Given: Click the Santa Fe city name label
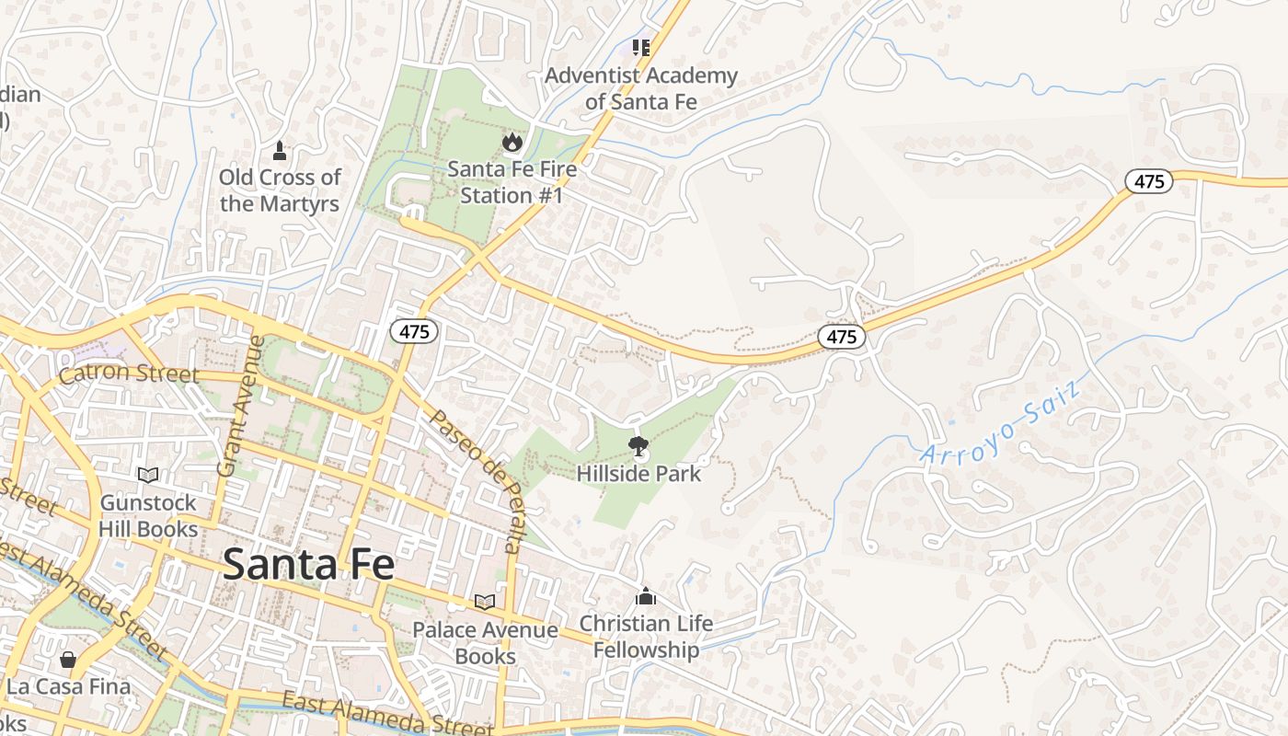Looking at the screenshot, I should pos(308,564).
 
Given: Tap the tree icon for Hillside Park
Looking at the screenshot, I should pos(637,448).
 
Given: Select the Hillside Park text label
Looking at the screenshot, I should pos(638,474).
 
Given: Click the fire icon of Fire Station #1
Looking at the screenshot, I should pos(512,142).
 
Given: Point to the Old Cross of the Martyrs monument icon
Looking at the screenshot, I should pos(280,149).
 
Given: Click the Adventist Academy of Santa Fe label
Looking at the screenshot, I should pos(641,88).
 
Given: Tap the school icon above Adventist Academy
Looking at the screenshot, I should pos(641,47).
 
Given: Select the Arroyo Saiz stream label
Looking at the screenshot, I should pos(997,424).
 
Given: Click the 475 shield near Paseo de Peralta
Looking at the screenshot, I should pos(414,331).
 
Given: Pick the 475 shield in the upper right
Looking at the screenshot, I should pos(1149,181).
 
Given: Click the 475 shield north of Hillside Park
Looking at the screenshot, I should pos(841,337).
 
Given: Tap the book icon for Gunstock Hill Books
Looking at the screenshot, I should pos(148,475).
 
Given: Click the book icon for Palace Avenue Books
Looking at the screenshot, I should pos(484,602).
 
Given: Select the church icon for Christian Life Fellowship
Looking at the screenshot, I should pos(646,596).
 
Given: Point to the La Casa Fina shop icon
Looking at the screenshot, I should pos(67,659).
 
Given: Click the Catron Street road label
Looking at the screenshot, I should pos(129,374).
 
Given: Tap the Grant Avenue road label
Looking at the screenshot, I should pos(239,406).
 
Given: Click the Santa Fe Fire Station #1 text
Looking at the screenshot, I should pos(512,182).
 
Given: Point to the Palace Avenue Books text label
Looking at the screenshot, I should pos(485,643).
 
